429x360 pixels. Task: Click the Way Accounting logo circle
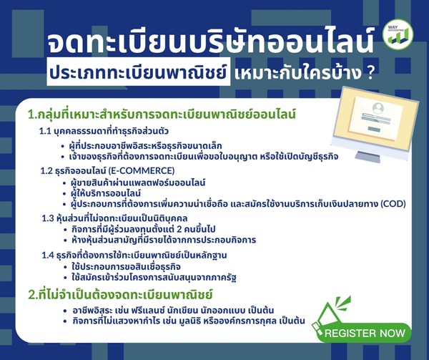click(x=398, y=34)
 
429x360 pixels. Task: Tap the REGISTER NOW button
click(x=364, y=333)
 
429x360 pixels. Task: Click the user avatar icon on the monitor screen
click(x=378, y=108)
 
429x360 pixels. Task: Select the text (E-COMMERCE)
click(x=142, y=171)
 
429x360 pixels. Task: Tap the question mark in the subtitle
click(x=370, y=74)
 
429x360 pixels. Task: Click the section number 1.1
click(x=45, y=131)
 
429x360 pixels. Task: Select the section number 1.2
click(x=46, y=171)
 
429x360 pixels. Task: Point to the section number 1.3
click(x=48, y=219)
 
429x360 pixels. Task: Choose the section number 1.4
click(x=48, y=256)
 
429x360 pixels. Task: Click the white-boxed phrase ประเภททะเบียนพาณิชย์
click(x=139, y=72)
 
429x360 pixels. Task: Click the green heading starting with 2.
click(x=120, y=295)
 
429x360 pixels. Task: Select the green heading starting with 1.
click(x=162, y=115)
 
